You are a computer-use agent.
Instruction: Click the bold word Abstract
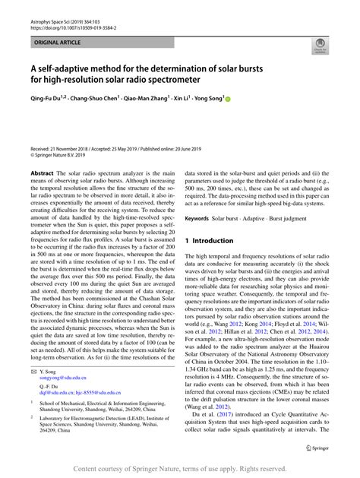coord(41,173)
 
